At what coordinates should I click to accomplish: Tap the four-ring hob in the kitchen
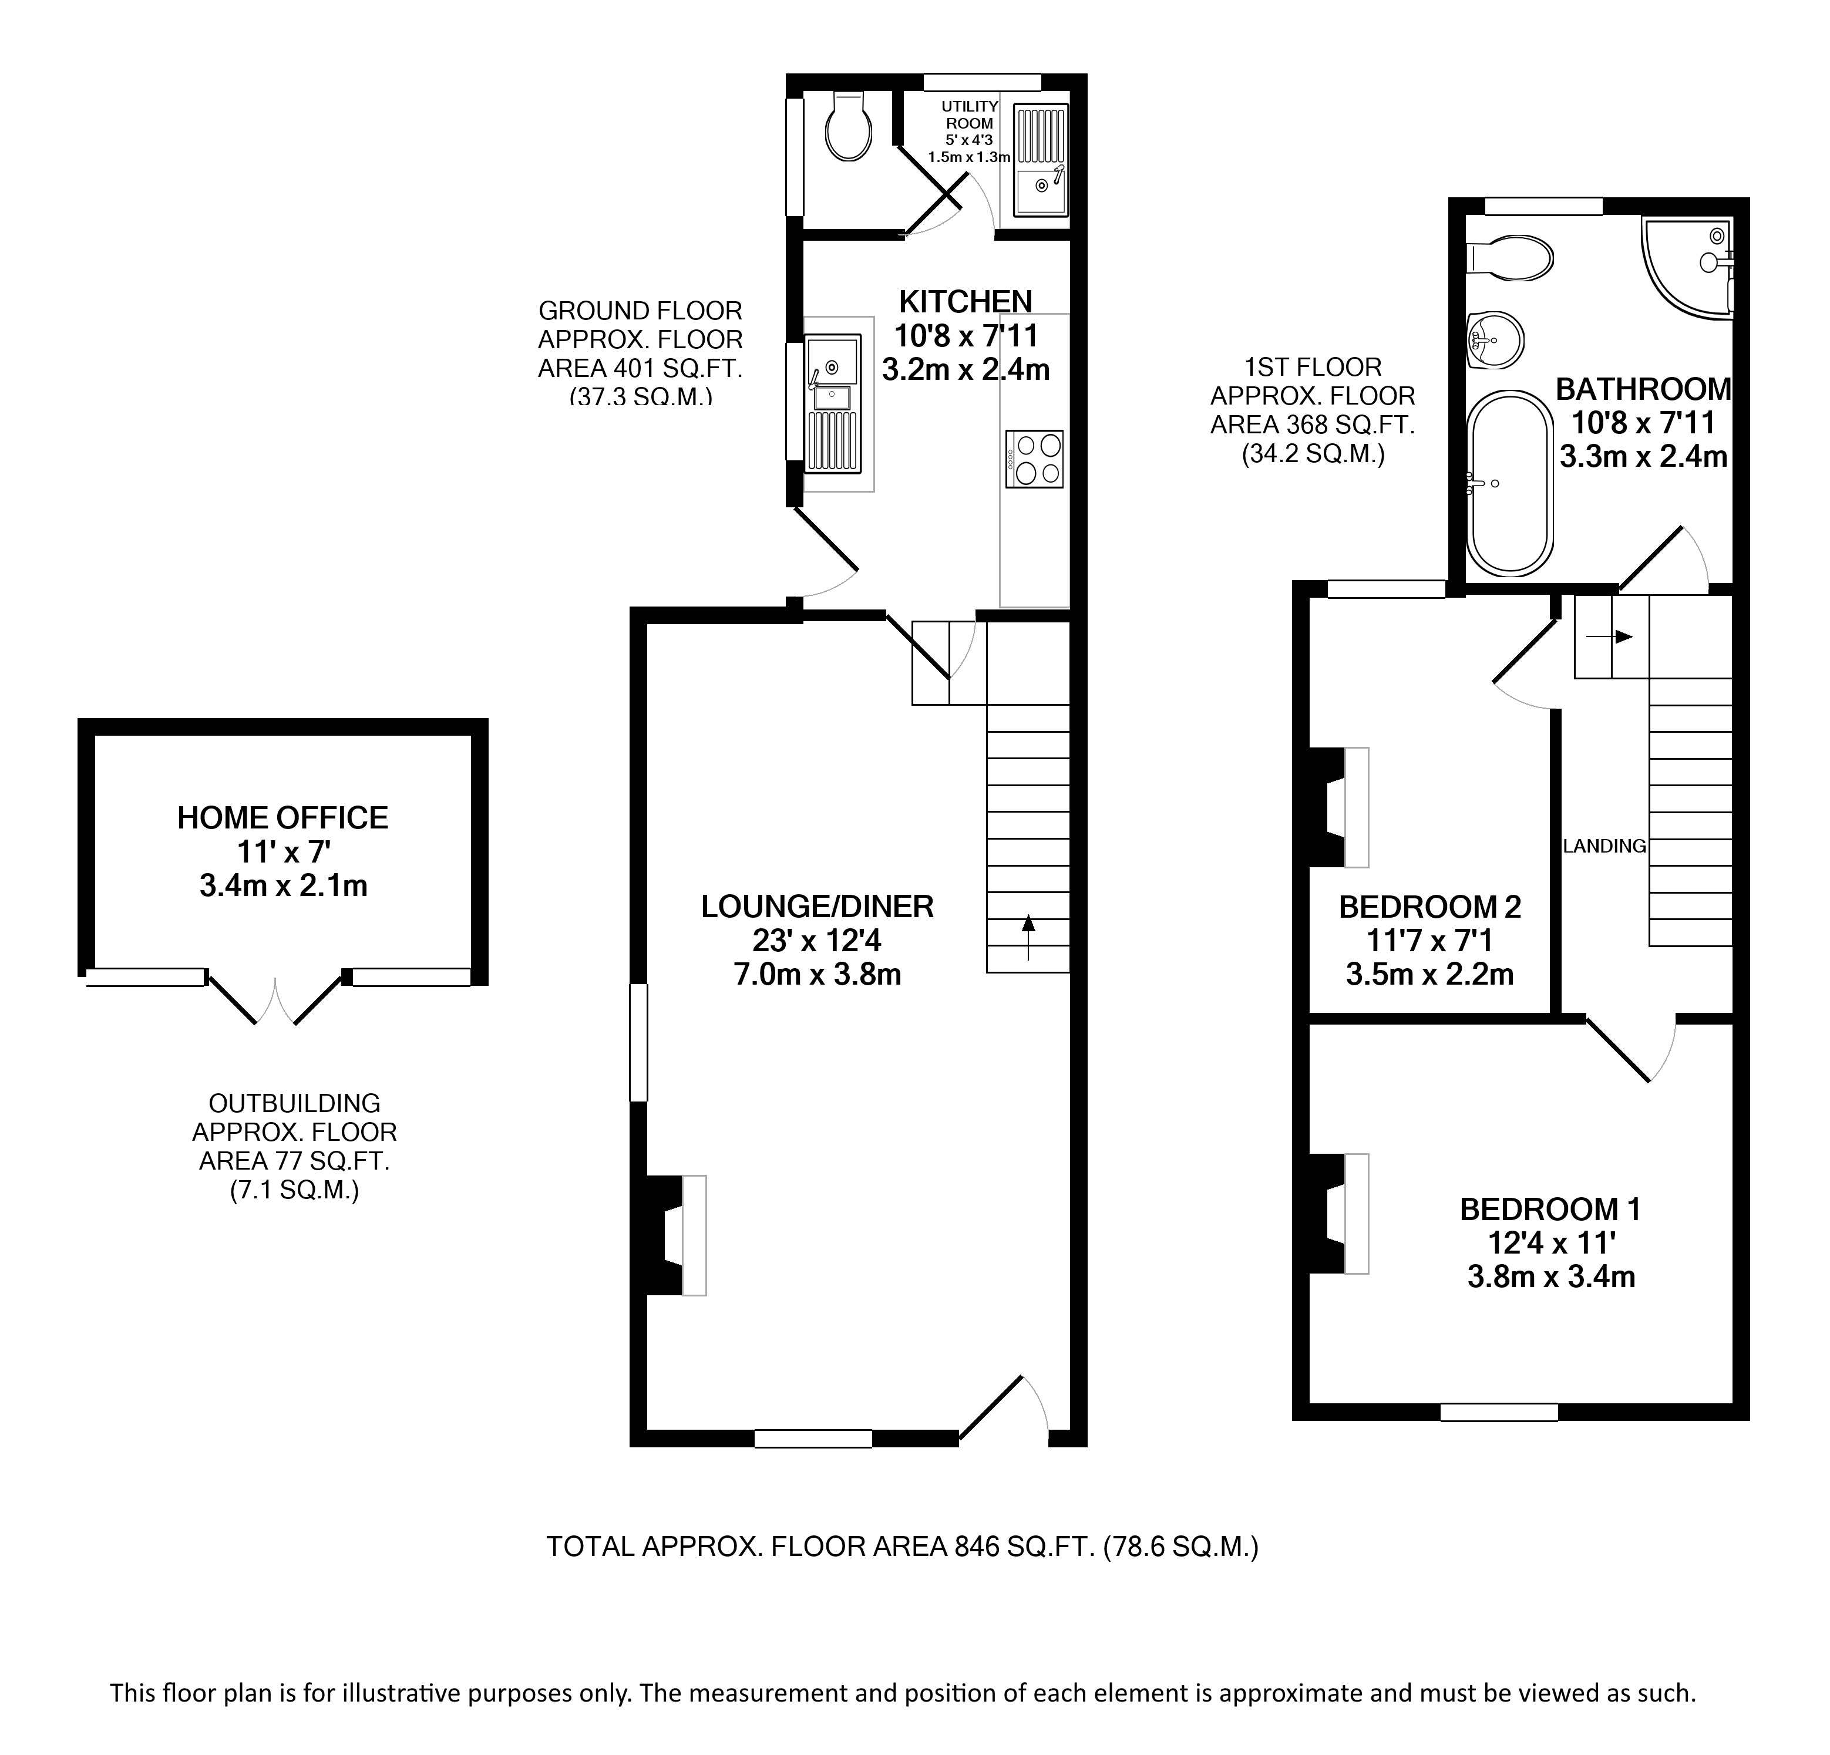point(1034,459)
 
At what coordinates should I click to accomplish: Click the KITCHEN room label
point(966,302)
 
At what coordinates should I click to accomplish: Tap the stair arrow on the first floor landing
point(1610,636)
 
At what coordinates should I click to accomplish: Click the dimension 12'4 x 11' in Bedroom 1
point(1551,1242)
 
